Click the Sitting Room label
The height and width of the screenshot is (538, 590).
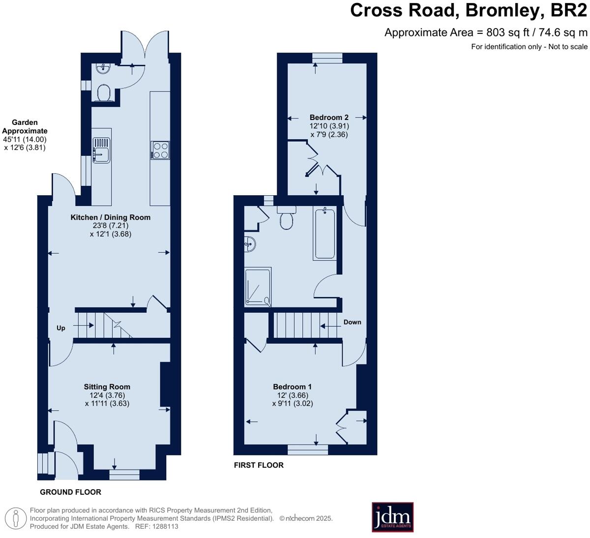107,387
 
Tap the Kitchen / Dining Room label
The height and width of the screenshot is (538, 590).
111,217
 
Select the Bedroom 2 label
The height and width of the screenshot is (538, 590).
329,117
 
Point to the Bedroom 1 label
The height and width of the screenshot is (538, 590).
292,387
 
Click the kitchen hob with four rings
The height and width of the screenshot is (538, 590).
160,150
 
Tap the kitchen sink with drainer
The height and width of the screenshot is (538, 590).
101,150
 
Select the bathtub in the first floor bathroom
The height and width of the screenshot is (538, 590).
325,234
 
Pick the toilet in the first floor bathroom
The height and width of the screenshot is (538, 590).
287,218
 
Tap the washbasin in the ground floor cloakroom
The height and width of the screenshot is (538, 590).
103,68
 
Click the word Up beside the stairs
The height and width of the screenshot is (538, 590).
61,328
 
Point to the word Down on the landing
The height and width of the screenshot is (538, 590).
353,322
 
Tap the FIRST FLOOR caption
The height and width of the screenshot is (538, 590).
259,465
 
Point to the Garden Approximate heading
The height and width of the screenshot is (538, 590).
25,126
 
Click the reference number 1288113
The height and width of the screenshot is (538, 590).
165,527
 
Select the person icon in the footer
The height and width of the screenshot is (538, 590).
16,518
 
